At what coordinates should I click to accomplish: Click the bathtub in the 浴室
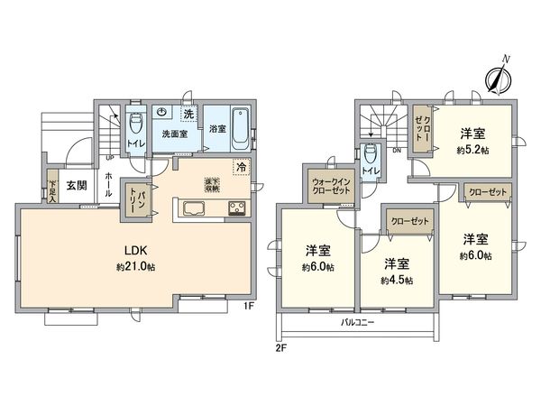[x=240, y=129]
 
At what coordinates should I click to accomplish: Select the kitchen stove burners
[x=237, y=209]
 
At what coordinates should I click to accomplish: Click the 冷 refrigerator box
[x=241, y=167]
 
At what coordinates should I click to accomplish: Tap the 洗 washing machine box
[x=188, y=115]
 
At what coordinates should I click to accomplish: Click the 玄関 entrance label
[x=77, y=186]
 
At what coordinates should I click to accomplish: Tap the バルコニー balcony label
[x=359, y=322]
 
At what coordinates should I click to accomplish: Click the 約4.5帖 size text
[x=396, y=281]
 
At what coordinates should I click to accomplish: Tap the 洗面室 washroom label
[x=174, y=134]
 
